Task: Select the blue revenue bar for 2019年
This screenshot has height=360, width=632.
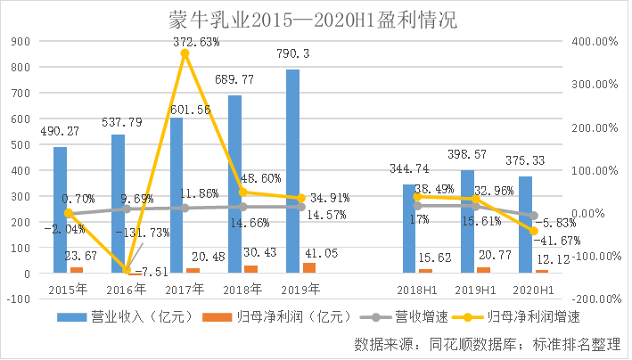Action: (x=292, y=169)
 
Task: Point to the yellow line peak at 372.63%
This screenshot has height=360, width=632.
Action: (x=185, y=53)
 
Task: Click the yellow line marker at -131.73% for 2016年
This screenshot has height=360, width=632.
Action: (x=127, y=269)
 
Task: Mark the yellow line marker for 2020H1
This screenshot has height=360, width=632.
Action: (x=534, y=231)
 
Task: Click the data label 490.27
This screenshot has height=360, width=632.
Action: (x=60, y=131)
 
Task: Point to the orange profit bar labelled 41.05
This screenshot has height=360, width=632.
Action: (x=308, y=267)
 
